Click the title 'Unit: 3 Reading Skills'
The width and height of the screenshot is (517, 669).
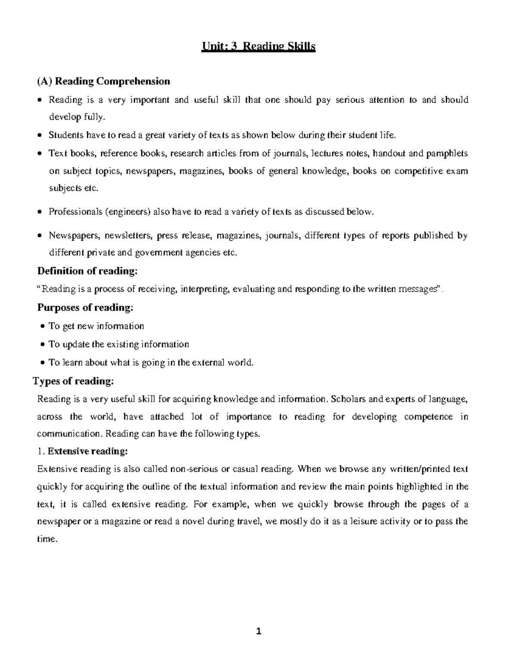258,46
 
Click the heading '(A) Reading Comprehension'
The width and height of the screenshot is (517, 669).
104,81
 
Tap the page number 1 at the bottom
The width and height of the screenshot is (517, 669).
258,632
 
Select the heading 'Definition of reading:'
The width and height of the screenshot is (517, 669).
88,271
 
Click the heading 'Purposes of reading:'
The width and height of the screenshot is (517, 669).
85,308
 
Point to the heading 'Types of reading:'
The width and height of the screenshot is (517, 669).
74,381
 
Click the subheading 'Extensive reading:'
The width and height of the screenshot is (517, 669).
87,451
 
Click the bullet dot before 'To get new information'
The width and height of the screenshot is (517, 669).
43,327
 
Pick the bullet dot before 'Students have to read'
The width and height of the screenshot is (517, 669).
40,136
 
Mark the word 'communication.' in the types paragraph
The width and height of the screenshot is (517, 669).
70,434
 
